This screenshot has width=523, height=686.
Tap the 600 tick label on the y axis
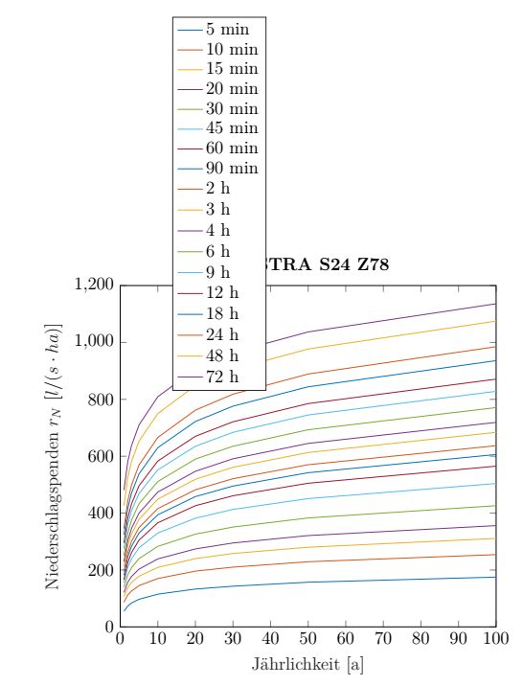click(x=102, y=456)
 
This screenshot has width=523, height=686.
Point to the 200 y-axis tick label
click(x=102, y=570)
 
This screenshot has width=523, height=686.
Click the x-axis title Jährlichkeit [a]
click(x=307, y=662)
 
